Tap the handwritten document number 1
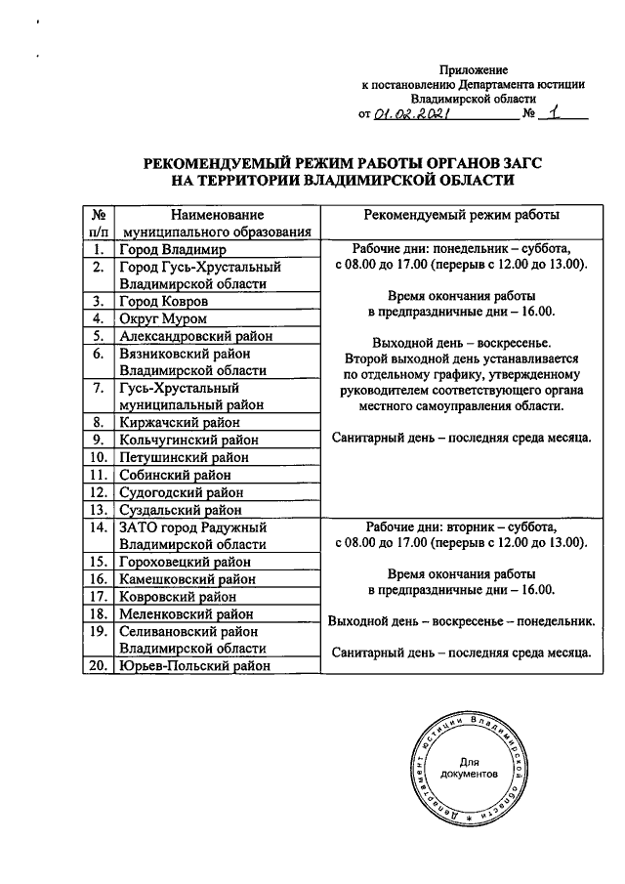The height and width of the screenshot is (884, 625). tap(556, 113)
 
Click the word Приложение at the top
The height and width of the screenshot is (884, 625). tap(474, 69)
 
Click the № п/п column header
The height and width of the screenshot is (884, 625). tap(99, 223)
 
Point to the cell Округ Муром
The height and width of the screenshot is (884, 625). tap(163, 318)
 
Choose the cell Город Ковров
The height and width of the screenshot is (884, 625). tap(164, 302)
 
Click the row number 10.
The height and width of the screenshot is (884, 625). tap(99, 456)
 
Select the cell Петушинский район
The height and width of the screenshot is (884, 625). tap(184, 456)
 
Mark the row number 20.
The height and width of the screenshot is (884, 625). tap(99, 666)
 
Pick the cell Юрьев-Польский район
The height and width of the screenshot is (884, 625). tap(193, 666)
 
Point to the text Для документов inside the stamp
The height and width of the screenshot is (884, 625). tap(469, 768)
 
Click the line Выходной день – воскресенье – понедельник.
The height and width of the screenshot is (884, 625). tap(462, 621)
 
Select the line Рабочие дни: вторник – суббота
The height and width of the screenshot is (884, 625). tap(462, 525)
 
